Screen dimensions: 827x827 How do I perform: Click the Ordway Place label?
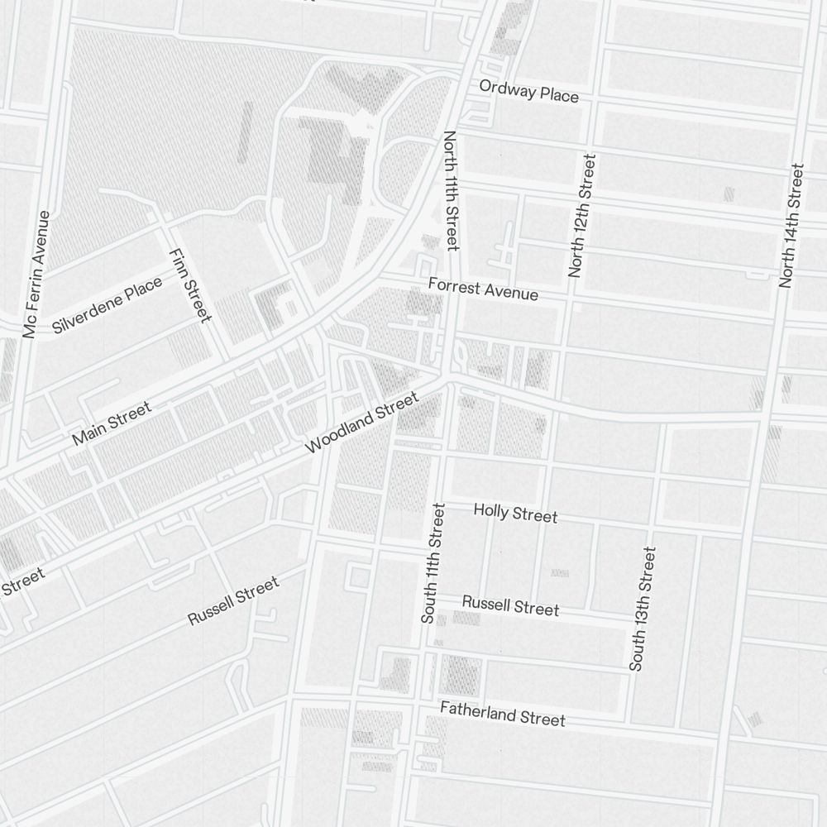tap(529, 92)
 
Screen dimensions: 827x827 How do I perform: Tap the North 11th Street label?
tap(451, 190)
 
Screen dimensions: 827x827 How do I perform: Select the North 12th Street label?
tap(581, 215)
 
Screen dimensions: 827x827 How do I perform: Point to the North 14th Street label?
tap(791, 226)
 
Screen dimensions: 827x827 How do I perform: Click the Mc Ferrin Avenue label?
tap(37, 275)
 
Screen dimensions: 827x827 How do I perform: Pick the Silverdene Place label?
tap(107, 306)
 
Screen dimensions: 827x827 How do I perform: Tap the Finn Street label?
tap(190, 284)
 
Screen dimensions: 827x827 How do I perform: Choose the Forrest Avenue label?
tap(483, 289)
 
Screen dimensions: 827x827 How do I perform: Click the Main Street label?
tap(112, 423)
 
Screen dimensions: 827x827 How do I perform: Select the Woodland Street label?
tap(362, 423)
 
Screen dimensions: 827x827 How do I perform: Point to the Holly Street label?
tap(515, 514)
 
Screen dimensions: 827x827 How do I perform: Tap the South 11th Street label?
tap(433, 562)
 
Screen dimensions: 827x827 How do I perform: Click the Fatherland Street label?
tap(503, 714)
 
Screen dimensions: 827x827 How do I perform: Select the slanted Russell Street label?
tap(233, 601)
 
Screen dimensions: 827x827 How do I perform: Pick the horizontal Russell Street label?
tap(510, 605)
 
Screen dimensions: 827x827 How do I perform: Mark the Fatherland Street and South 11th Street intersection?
tap(416, 705)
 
